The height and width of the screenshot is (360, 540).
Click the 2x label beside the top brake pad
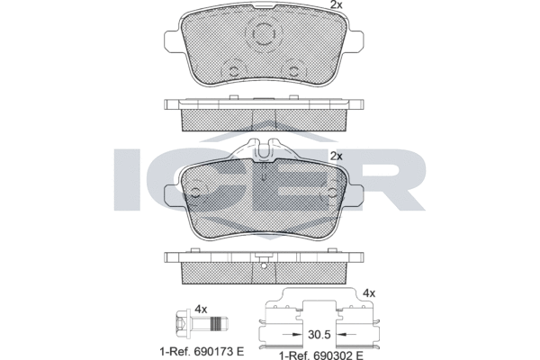(336, 4)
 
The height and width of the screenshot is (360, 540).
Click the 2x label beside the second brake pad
(336, 157)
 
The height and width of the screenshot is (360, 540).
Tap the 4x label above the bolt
(201, 309)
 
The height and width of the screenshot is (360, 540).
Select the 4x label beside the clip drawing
(369, 293)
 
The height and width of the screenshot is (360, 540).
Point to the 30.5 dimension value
(319, 335)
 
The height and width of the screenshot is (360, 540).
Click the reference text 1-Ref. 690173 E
(202, 352)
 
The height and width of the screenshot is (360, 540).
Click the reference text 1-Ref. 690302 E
(320, 355)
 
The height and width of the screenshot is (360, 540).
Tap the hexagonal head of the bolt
(182, 323)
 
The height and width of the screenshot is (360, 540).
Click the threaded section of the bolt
(215, 323)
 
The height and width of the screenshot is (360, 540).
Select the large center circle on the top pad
(264, 34)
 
